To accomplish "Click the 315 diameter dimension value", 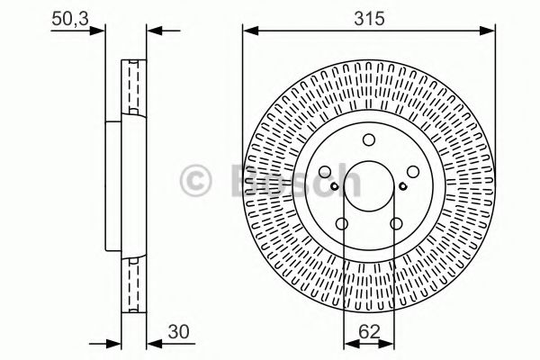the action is click(369, 18).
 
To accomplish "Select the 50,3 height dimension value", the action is click(70, 18).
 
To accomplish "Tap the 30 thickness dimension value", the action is click(178, 331).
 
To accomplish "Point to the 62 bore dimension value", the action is click(369, 331).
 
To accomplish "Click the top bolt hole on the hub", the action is click(369, 139).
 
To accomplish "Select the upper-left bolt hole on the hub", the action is click(325, 172).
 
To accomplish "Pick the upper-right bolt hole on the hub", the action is click(413, 172).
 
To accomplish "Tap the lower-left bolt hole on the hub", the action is click(342, 223).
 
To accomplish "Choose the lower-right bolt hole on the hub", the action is click(396, 223).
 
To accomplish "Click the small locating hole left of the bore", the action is click(334, 186).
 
